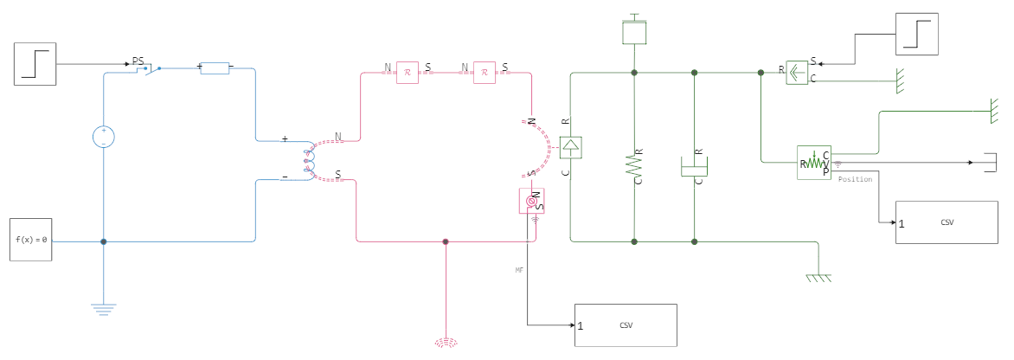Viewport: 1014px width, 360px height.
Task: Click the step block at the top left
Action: click(x=35, y=64)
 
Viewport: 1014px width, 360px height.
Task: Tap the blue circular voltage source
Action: click(x=104, y=136)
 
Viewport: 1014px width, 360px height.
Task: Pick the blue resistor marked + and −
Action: click(x=215, y=67)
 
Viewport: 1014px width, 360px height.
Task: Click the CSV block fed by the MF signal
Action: click(x=626, y=325)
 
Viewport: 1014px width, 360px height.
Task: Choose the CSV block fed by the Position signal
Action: click(x=946, y=222)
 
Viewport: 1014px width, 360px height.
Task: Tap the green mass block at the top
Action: click(x=635, y=32)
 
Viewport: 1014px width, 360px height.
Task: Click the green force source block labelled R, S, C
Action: click(x=796, y=74)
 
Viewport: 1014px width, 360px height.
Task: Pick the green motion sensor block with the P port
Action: click(x=814, y=163)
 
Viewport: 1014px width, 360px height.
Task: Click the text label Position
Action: click(x=856, y=179)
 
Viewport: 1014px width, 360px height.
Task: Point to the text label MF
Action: click(x=519, y=270)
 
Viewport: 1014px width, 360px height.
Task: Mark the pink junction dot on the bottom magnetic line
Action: click(x=446, y=242)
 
